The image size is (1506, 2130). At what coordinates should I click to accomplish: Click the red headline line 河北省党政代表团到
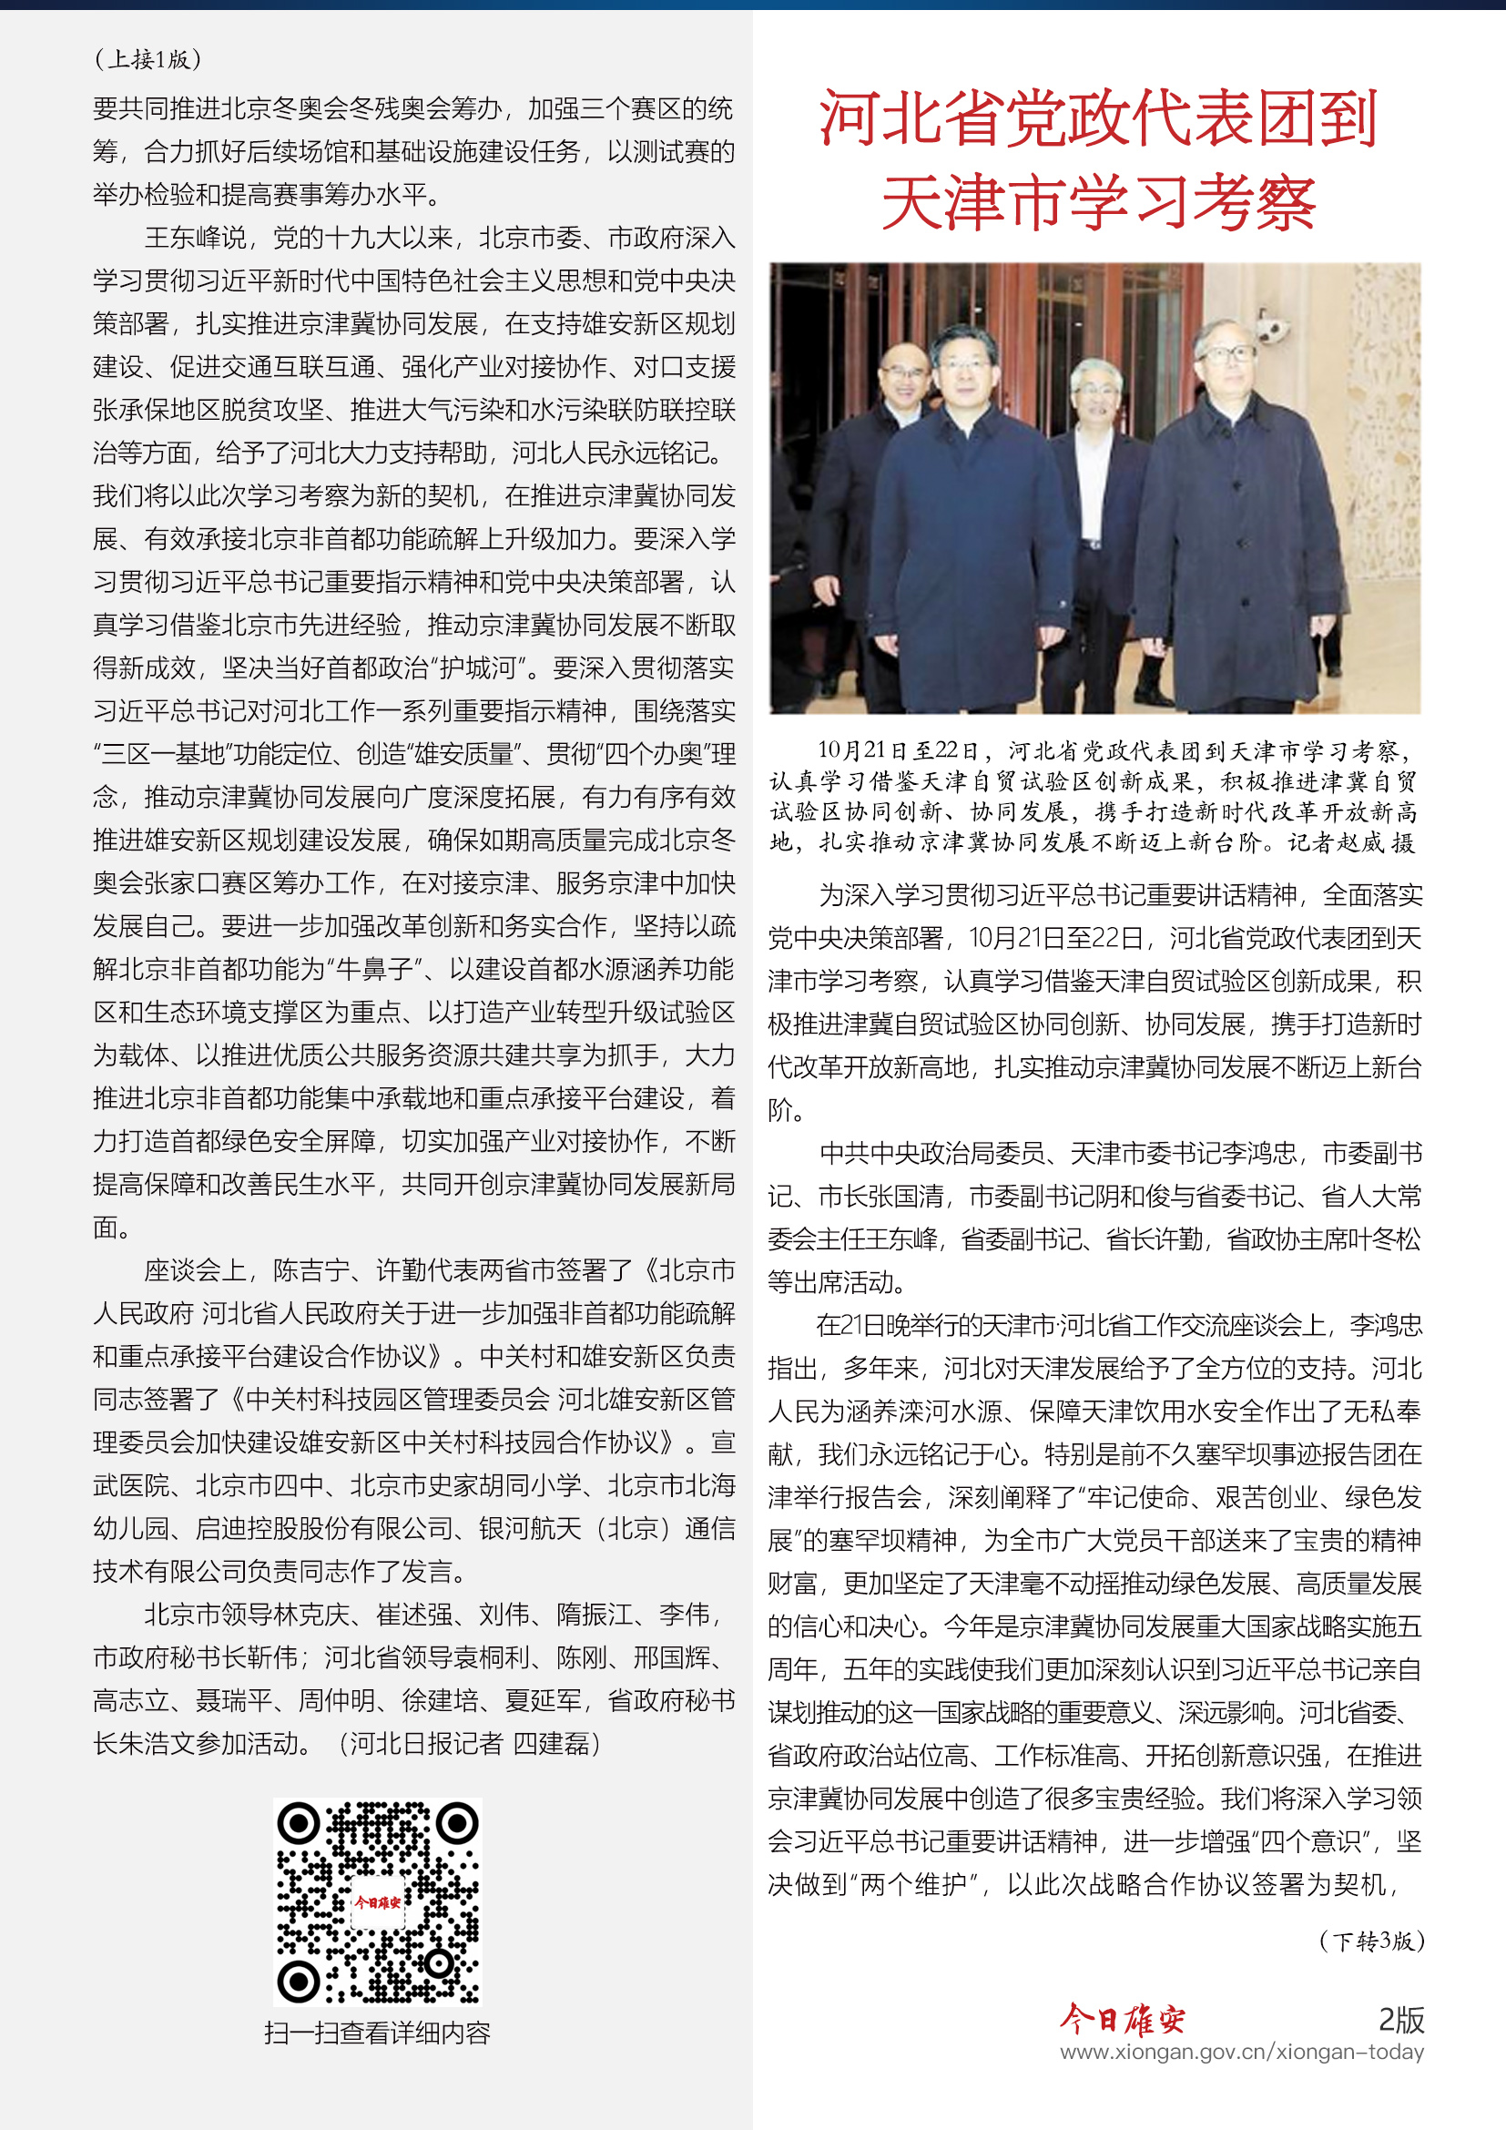click(1098, 118)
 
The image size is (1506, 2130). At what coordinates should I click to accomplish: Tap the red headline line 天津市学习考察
click(1098, 202)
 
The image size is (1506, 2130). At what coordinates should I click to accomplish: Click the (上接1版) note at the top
click(148, 59)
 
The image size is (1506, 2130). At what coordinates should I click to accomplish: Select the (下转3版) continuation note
click(1370, 1941)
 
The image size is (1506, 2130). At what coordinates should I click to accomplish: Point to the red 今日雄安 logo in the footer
click(1122, 2019)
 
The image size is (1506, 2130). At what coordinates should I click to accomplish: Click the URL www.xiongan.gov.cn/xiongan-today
click(1242, 2052)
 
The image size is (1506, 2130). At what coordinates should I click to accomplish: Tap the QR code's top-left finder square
click(299, 1824)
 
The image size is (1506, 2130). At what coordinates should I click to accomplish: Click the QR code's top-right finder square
click(457, 1824)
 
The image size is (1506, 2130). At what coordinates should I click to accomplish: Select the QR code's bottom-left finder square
click(299, 1982)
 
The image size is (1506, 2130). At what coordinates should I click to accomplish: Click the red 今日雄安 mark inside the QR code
click(378, 1901)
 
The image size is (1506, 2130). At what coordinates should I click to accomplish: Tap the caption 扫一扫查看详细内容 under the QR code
click(378, 2033)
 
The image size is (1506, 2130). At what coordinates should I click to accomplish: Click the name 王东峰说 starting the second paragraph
click(196, 238)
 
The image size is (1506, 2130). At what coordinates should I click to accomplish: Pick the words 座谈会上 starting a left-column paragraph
click(196, 1270)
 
